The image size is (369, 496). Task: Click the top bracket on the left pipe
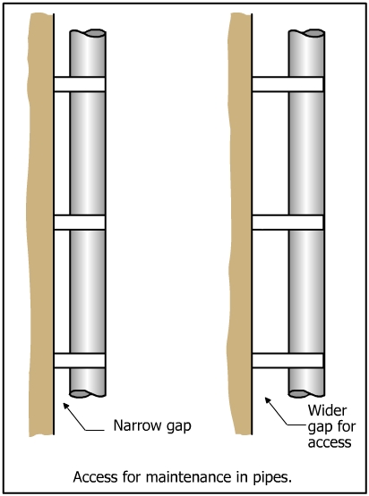(x=79, y=84)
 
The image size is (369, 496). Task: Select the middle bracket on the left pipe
(x=79, y=222)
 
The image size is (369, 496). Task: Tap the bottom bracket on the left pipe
(x=79, y=361)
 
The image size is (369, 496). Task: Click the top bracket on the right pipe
(x=287, y=84)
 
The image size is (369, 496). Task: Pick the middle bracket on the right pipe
(x=287, y=222)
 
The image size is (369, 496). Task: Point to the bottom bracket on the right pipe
(x=287, y=361)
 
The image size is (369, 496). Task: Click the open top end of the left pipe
(x=88, y=33)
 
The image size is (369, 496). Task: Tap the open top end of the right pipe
(x=306, y=33)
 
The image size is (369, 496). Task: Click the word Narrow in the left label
(x=134, y=425)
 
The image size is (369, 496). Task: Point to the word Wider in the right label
(x=327, y=410)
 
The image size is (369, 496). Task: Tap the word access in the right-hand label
(x=330, y=442)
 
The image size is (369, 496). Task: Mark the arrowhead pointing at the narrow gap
(x=66, y=406)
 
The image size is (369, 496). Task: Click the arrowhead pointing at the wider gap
(x=268, y=400)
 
